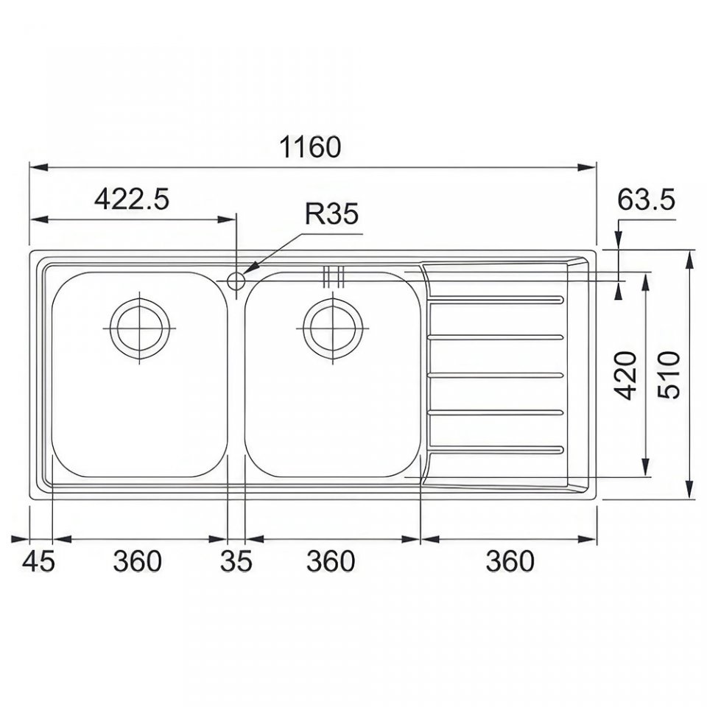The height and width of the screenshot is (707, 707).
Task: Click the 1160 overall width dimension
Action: tap(310, 147)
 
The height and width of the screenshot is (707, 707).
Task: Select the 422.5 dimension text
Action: tap(132, 200)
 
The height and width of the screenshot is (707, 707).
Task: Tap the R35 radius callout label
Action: tap(331, 214)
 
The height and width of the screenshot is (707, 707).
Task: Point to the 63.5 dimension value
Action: tap(646, 200)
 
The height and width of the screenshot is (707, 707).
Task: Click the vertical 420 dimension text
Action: tap(627, 376)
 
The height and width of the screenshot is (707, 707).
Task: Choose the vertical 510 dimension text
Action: tap(668, 375)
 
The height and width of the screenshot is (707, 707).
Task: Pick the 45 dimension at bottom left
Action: tap(38, 562)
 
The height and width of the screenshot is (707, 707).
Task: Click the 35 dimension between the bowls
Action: tap(236, 562)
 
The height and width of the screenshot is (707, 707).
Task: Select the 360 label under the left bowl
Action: tap(137, 562)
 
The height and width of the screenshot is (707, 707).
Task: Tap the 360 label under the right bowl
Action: tap(331, 562)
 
